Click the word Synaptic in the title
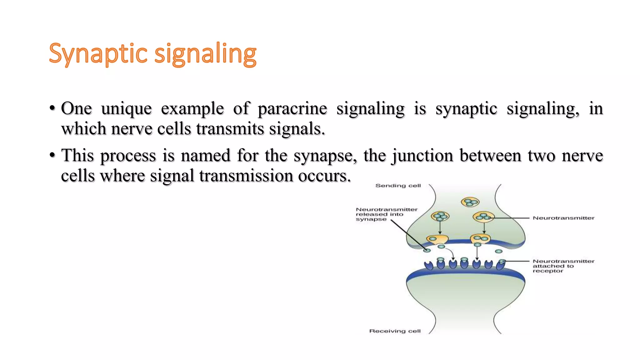[98, 54]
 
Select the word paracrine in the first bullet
[292, 109]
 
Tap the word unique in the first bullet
[126, 109]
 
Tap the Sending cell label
[398, 186]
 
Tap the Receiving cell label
[395, 331]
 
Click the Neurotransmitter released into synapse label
[386, 214]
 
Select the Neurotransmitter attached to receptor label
[563, 266]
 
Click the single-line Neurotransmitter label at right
[563, 218]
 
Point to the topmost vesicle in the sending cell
[470, 202]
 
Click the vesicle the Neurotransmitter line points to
[483, 217]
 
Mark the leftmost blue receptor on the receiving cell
[429, 266]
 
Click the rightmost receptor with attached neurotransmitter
[501, 264]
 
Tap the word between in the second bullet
[490, 156]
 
